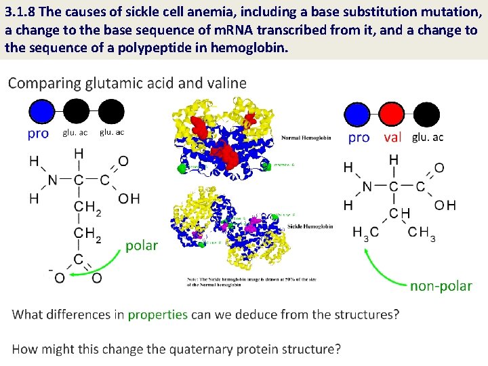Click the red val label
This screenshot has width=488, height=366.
(x=392, y=138)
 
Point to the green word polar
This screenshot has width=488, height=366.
(x=141, y=245)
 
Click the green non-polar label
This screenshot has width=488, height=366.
(x=441, y=286)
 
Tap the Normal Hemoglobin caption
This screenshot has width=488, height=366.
(x=306, y=138)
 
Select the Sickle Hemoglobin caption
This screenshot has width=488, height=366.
(x=310, y=226)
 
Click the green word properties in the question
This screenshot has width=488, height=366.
(x=157, y=314)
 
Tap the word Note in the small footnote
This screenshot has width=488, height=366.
(x=194, y=279)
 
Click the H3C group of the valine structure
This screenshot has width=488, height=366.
(x=365, y=232)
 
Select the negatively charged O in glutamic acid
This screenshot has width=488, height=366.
(x=58, y=277)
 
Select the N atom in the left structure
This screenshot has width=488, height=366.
(x=52, y=180)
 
